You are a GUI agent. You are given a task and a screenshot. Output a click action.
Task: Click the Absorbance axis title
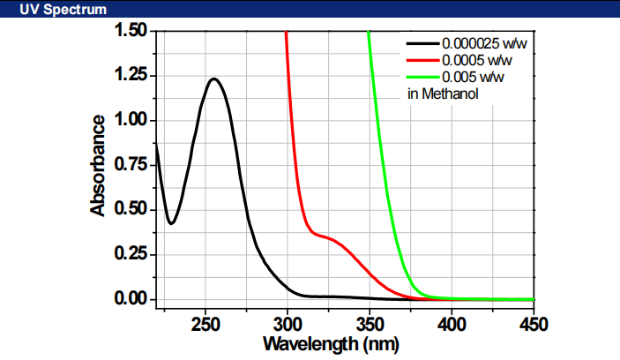coord(98,165)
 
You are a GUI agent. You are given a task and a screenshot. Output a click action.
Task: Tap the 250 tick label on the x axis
coord(205,323)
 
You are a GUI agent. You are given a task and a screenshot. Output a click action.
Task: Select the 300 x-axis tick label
coord(288,323)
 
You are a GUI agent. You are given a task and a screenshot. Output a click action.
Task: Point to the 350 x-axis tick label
coord(370,323)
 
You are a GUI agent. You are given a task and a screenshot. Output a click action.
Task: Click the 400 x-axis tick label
coord(451,323)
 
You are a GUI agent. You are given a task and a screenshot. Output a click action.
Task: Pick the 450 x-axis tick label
coord(533,323)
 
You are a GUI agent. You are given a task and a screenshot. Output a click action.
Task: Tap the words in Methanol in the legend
coord(443,94)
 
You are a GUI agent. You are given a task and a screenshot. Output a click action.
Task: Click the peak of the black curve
coord(213,79)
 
